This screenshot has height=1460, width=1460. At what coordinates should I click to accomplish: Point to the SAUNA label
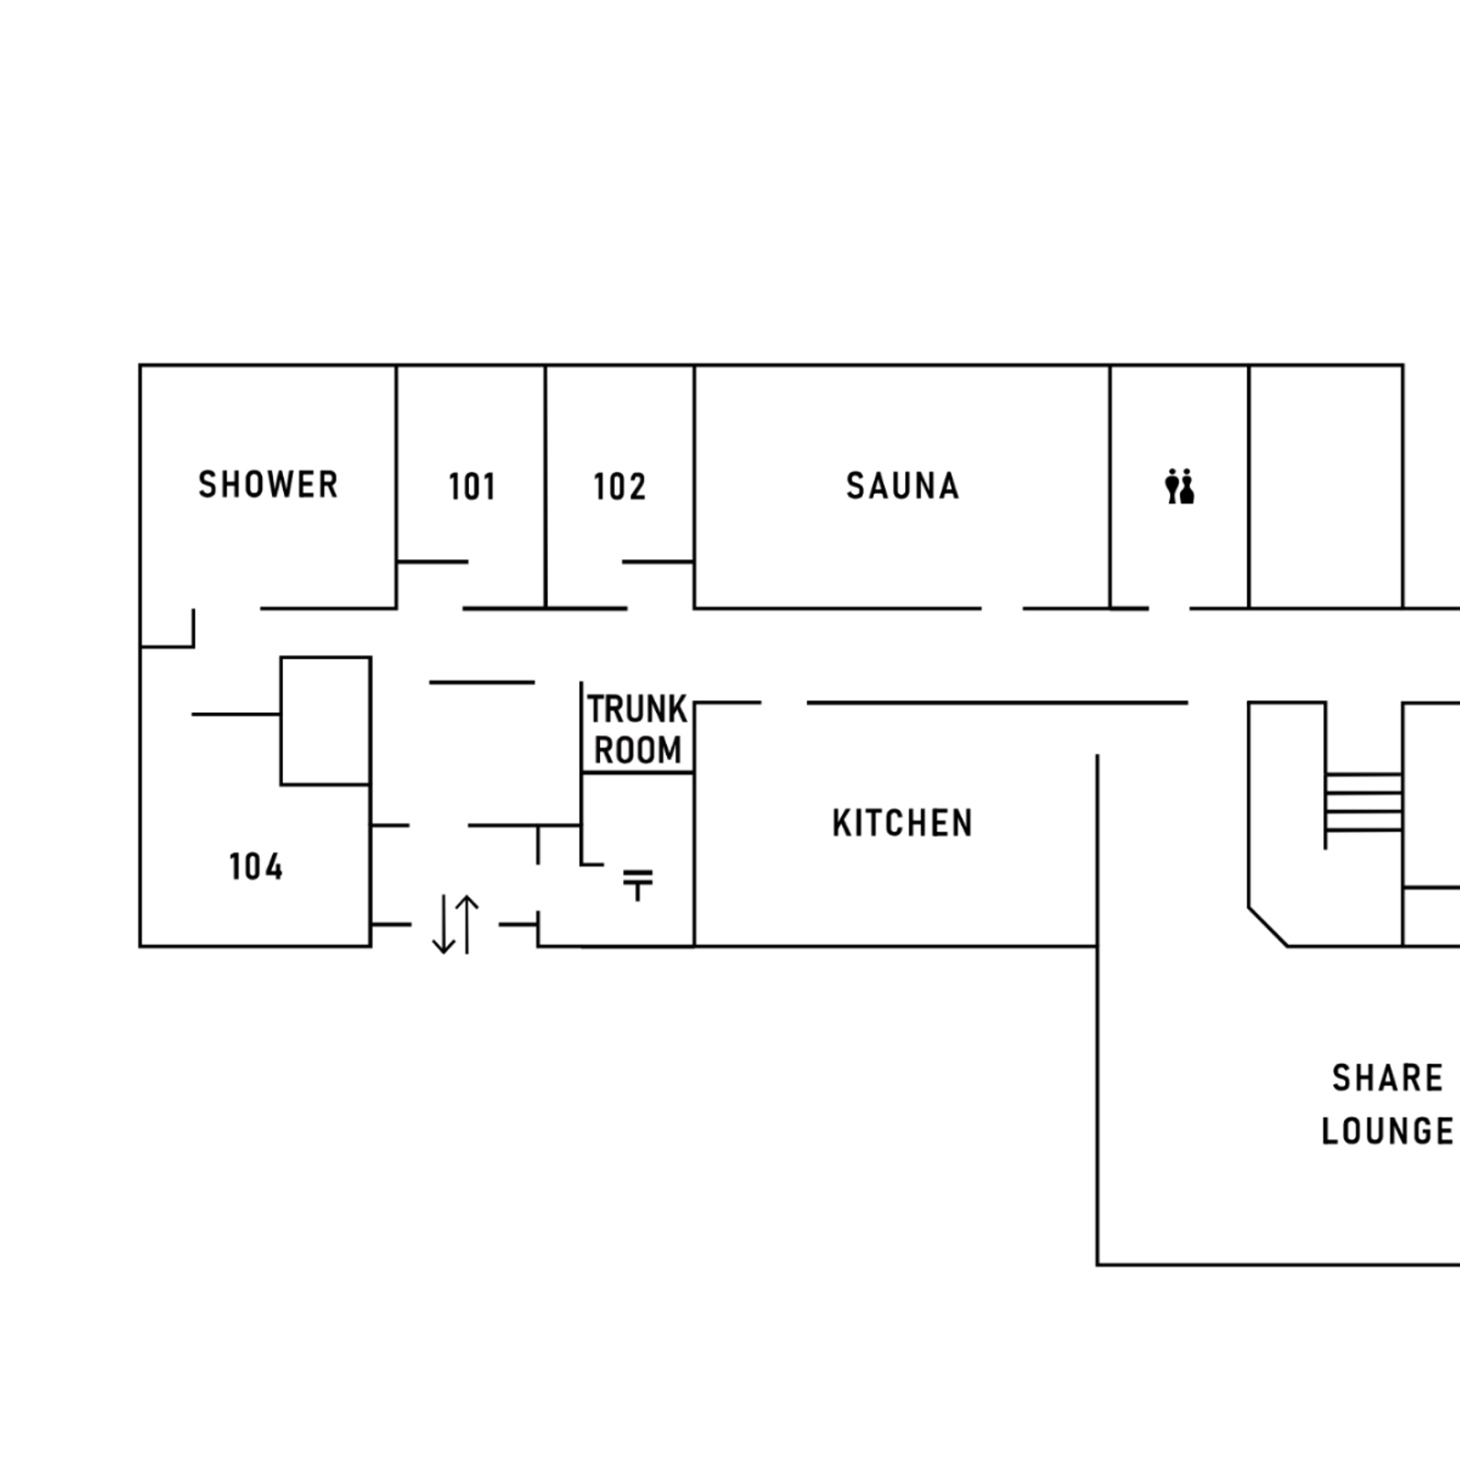pos(902,486)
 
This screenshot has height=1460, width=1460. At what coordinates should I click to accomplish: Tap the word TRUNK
pos(637,709)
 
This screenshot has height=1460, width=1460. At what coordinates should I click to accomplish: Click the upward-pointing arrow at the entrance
pos(467,924)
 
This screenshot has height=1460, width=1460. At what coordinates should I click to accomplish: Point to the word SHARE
pos(1387,1078)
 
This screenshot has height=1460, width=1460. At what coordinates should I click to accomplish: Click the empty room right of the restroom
pos(1325,486)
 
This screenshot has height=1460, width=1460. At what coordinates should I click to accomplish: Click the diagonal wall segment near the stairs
pos(1267,927)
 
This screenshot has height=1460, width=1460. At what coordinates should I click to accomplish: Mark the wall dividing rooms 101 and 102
pos(546,486)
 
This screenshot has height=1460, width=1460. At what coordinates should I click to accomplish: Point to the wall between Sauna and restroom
pos(1110,486)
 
